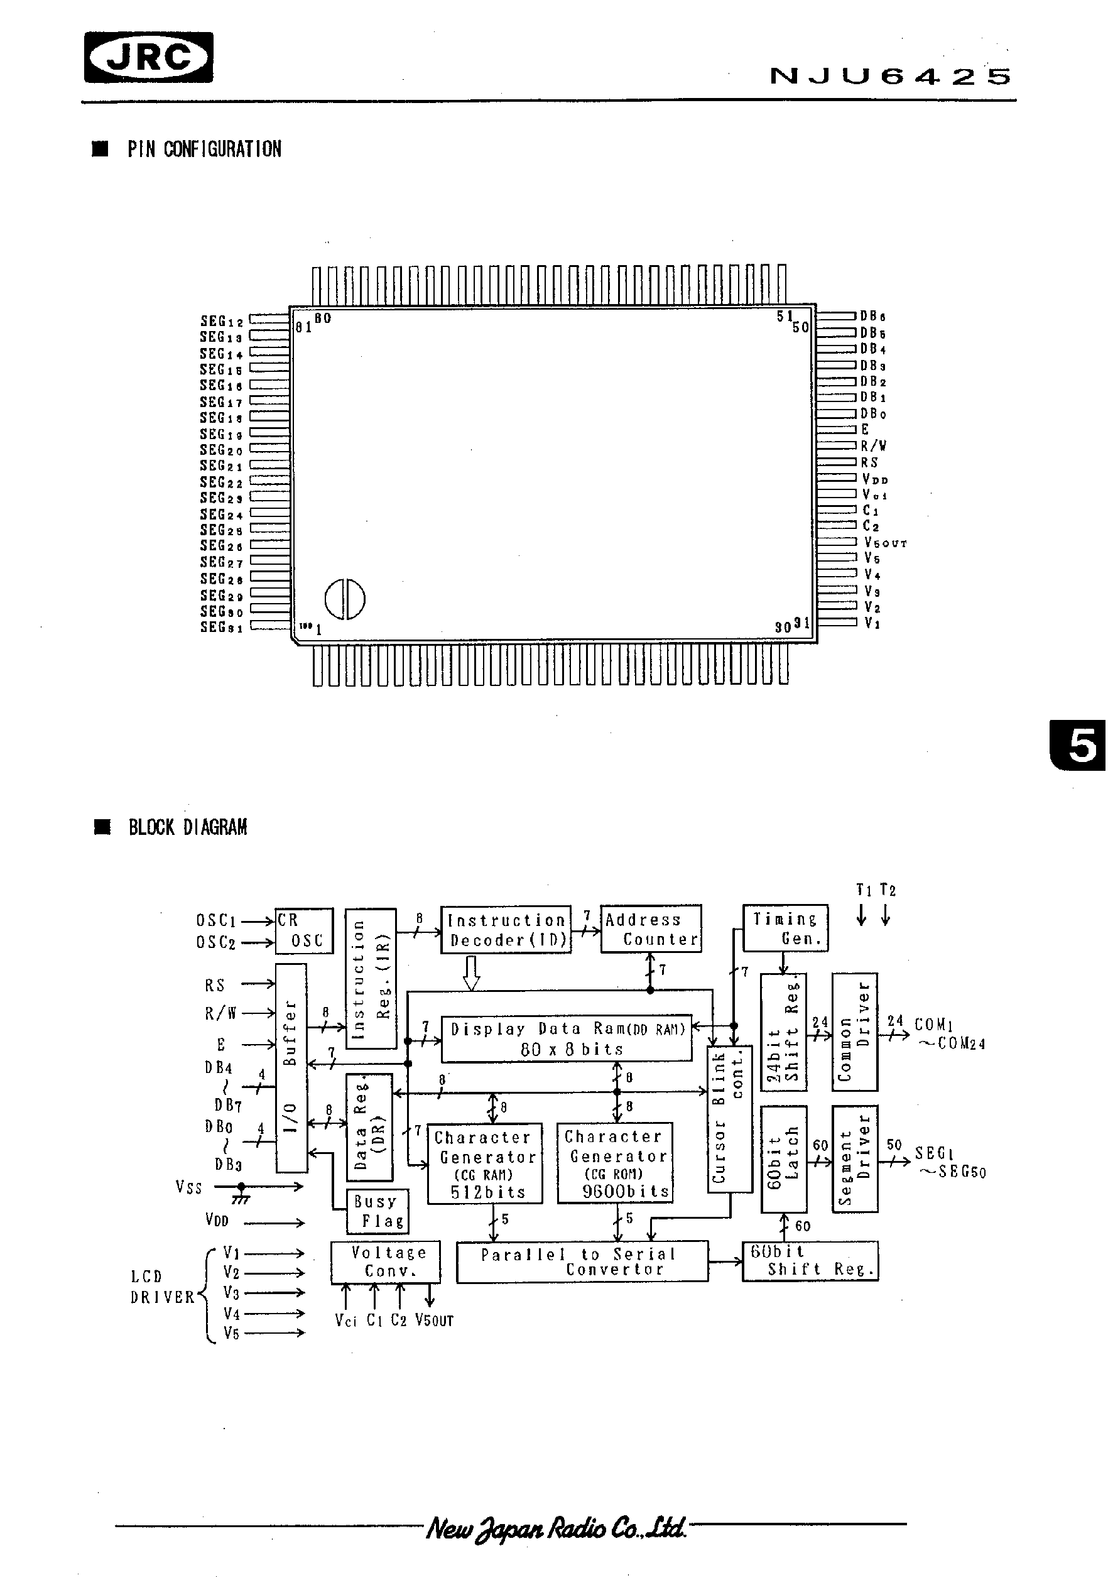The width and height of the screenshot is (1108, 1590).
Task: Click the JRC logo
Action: (149, 57)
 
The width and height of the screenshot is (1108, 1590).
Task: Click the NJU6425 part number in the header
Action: (890, 76)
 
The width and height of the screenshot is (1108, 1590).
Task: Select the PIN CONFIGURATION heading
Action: (204, 149)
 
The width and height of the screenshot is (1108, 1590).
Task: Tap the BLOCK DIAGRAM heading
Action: (187, 827)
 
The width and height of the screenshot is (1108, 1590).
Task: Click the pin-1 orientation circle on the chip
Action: (345, 598)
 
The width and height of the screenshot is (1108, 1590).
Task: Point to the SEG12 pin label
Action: (222, 321)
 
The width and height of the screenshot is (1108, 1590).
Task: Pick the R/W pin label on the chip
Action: (873, 446)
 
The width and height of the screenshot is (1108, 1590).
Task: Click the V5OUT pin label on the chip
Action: (884, 543)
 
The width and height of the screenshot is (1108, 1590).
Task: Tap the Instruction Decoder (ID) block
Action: (506, 929)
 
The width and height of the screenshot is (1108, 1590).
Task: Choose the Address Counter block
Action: (650, 928)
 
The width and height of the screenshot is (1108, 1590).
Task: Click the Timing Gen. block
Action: (785, 928)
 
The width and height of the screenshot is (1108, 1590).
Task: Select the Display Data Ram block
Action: (567, 1038)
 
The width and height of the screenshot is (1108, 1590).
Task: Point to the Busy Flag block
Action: (377, 1211)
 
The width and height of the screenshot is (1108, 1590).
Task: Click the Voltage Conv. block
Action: (385, 1261)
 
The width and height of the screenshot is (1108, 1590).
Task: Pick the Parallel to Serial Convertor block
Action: (582, 1261)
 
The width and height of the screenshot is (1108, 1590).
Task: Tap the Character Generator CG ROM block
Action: (614, 1162)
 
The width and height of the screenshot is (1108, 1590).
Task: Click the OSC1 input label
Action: (216, 920)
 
